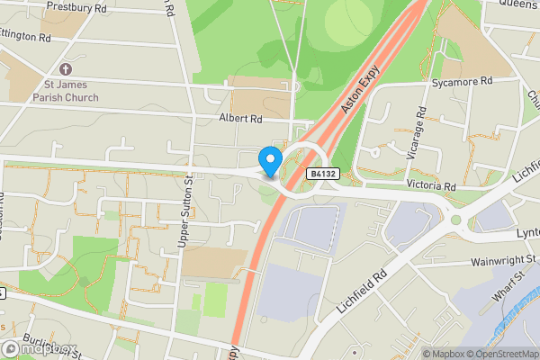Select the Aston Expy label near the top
356,93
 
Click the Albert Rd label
240,118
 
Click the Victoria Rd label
431,186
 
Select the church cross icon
65,69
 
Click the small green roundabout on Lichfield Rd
455,220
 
